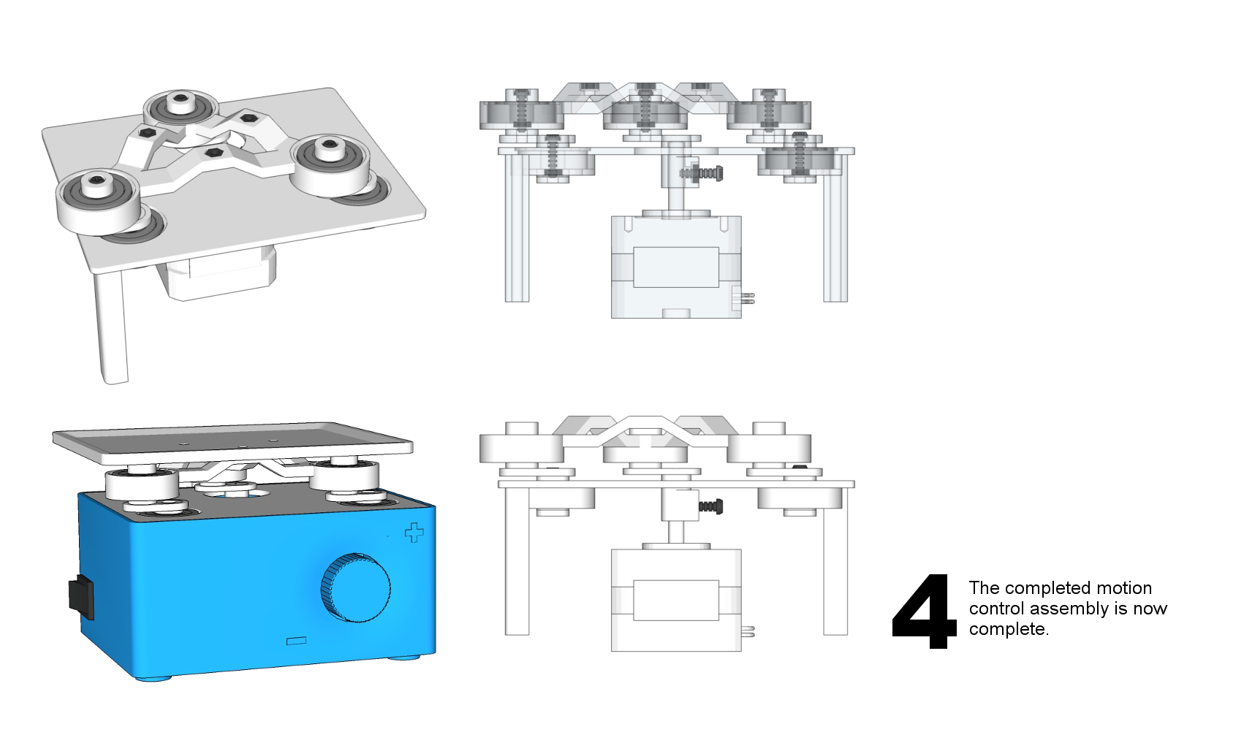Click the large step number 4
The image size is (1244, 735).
pos(924,612)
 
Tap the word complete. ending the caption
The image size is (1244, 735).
pos(1008,629)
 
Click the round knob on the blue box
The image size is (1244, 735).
pos(355,587)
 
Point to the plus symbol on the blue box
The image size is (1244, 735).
pos(414,533)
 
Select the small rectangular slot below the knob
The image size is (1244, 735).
pos(296,641)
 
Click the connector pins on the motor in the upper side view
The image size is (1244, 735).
pos(746,297)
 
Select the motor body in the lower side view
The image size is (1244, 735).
pos(676,599)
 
